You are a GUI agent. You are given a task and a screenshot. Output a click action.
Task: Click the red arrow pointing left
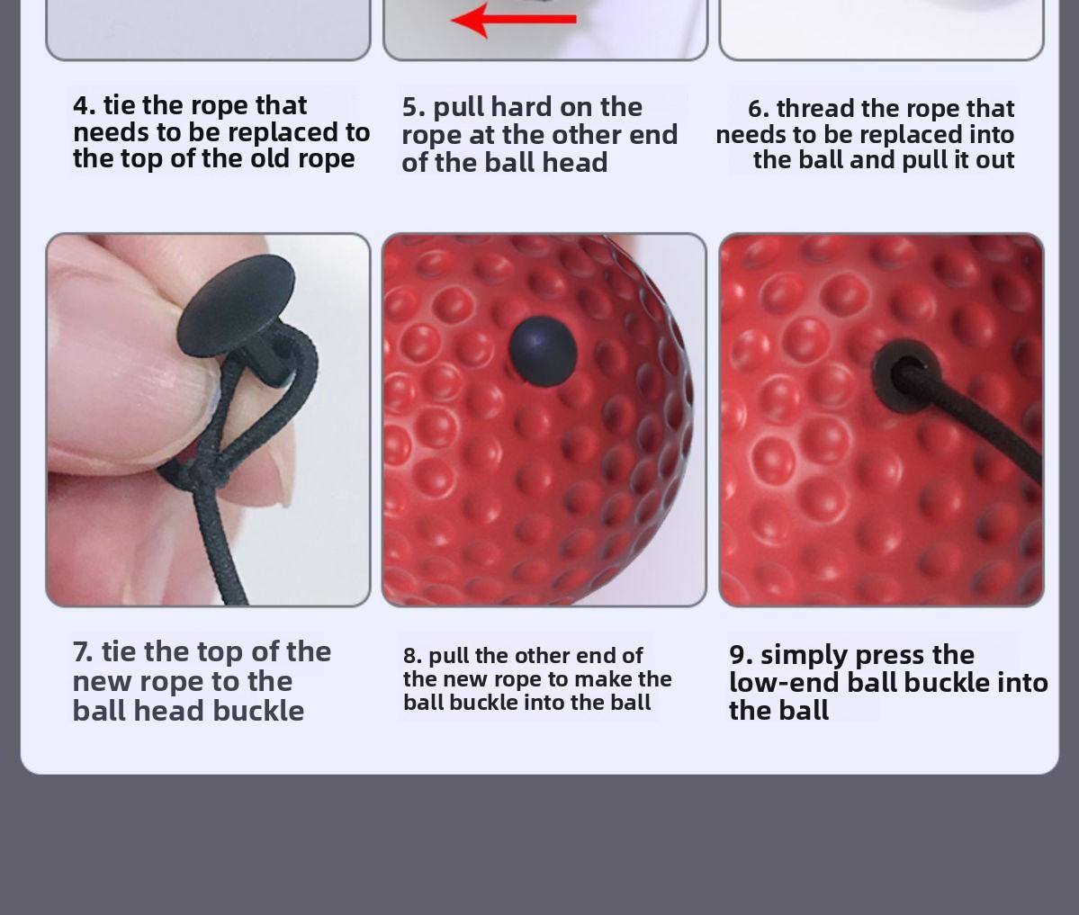pyautogui.click(x=513, y=20)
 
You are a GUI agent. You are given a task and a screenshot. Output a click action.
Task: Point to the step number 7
pyautogui.click(x=82, y=651)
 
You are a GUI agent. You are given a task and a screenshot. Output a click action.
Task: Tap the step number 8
pyautogui.click(x=412, y=656)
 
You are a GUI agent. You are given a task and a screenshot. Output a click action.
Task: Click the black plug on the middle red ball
pyautogui.click(x=543, y=350)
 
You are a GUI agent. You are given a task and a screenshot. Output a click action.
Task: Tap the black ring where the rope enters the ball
pyautogui.click(x=904, y=374)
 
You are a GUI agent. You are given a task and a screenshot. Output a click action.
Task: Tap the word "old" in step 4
pyautogui.click(x=270, y=158)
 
